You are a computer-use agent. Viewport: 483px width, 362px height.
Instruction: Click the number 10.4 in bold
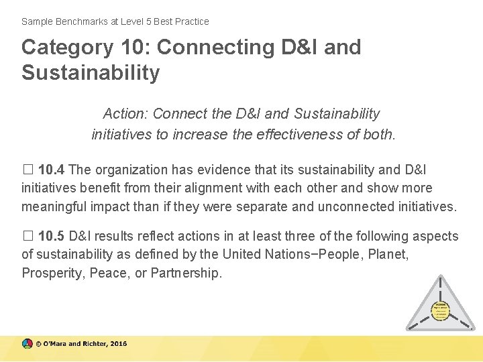[x=52, y=170]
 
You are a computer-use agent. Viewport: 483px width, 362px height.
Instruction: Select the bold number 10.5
[x=52, y=236]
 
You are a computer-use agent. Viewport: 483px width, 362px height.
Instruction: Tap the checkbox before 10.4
[x=27, y=170]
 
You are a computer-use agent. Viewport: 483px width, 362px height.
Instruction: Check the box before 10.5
[x=27, y=236]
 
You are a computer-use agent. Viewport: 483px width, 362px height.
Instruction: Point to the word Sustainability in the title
[x=91, y=72]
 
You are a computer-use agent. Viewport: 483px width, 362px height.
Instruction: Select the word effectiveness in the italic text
[x=291, y=134]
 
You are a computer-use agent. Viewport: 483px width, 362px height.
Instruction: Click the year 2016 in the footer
[x=118, y=344]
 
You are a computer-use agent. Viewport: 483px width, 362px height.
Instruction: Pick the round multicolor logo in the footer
[x=27, y=344]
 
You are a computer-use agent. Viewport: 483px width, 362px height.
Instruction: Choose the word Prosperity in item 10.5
[x=50, y=273]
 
